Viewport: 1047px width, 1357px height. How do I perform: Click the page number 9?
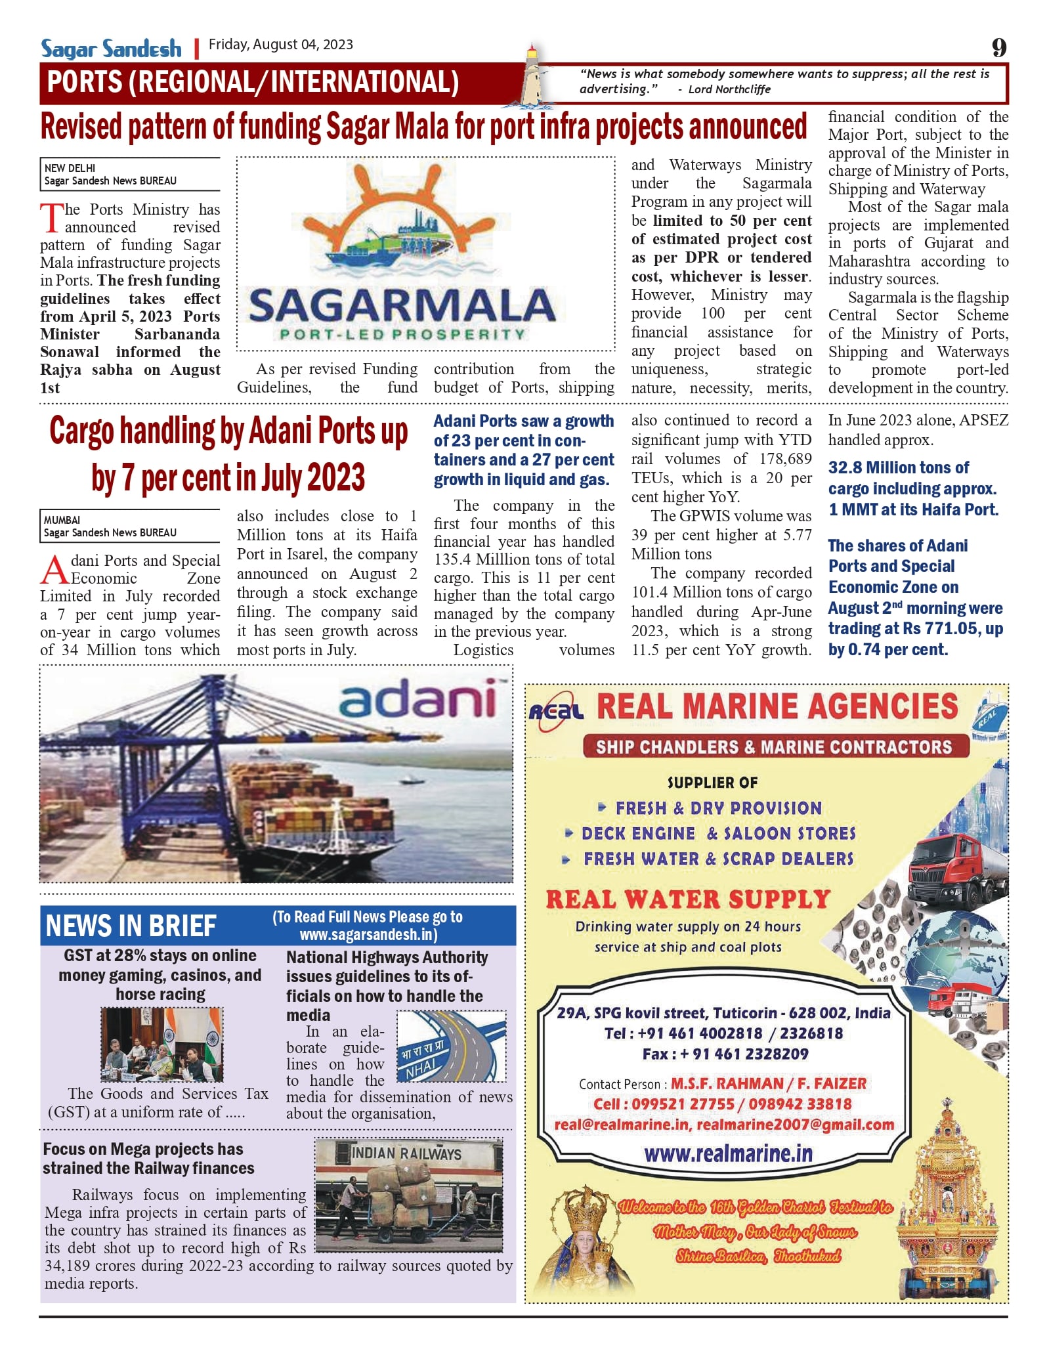click(x=998, y=47)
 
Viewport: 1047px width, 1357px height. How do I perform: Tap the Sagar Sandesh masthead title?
click(x=111, y=49)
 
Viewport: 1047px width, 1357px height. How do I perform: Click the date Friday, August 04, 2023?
click(x=280, y=45)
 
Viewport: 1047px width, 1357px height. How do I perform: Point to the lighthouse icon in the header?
click(x=533, y=75)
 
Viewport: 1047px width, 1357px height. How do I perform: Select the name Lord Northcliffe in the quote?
click(x=729, y=89)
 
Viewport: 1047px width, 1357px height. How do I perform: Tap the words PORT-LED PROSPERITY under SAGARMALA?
click(x=402, y=334)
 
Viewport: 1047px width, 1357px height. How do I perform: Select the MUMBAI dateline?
click(x=62, y=520)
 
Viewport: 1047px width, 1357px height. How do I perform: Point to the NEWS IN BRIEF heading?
click(x=131, y=926)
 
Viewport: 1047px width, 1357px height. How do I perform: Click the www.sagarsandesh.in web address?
click(x=368, y=934)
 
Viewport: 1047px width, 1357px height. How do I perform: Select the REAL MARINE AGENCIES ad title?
click(x=777, y=707)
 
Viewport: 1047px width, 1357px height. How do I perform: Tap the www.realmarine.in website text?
click(x=728, y=1154)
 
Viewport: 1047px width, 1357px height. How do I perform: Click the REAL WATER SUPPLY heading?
click(x=688, y=899)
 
